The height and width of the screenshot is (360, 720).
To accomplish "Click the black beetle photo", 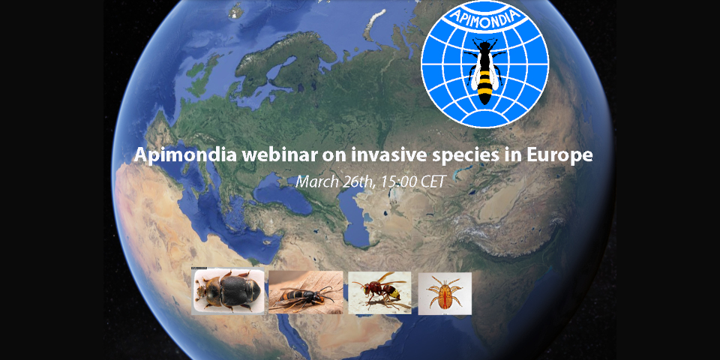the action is click(x=228, y=292).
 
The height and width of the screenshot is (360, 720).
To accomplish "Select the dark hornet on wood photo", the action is click(x=305, y=292).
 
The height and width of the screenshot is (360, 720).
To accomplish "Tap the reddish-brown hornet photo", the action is click(x=379, y=293).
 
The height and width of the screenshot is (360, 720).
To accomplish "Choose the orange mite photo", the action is click(x=445, y=293).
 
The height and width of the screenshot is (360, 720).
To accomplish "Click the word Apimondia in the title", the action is click(x=186, y=156).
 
